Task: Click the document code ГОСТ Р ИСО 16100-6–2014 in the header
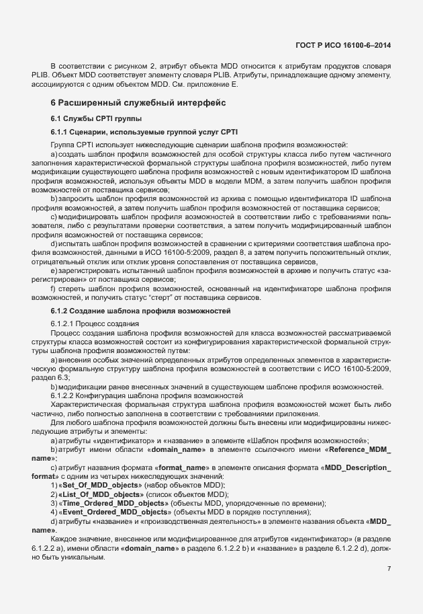[x=343, y=45]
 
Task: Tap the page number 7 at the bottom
[x=389, y=568]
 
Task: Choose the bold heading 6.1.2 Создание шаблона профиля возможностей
[x=140, y=311]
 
